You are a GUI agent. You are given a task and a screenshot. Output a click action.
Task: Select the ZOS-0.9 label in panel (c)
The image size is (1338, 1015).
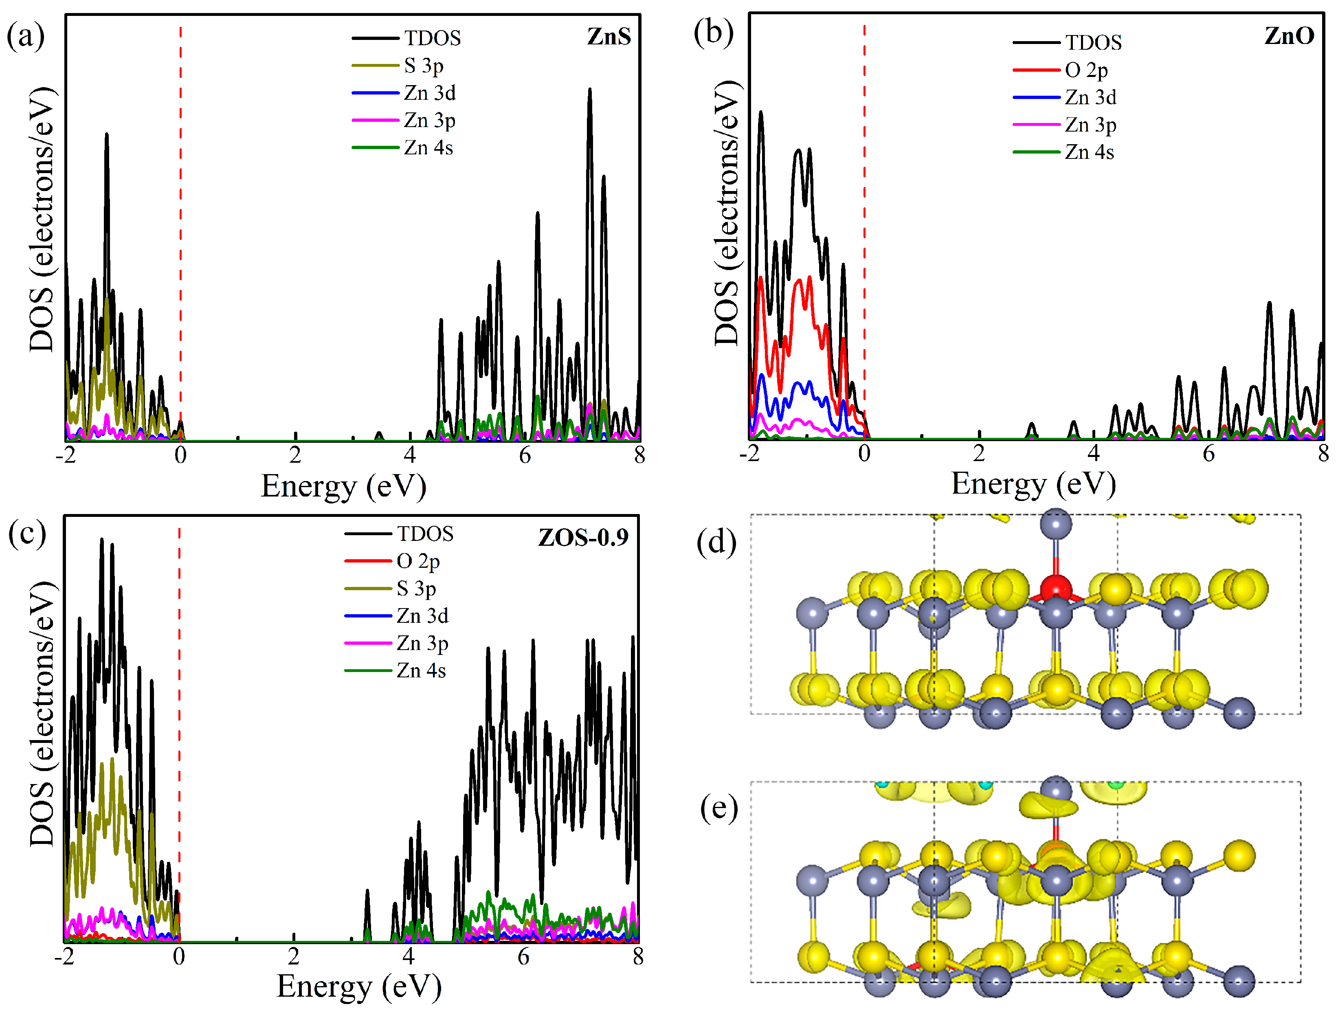(x=583, y=537)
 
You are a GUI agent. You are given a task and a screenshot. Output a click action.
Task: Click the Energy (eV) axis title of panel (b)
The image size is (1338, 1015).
(x=1033, y=484)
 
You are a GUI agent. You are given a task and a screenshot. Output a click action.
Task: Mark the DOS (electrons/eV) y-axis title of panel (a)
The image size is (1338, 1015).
(x=41, y=219)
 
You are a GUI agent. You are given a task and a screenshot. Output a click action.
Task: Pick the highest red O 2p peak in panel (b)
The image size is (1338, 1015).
(x=761, y=278)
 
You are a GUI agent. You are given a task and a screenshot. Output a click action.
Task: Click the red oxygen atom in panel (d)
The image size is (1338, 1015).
(x=1055, y=589)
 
